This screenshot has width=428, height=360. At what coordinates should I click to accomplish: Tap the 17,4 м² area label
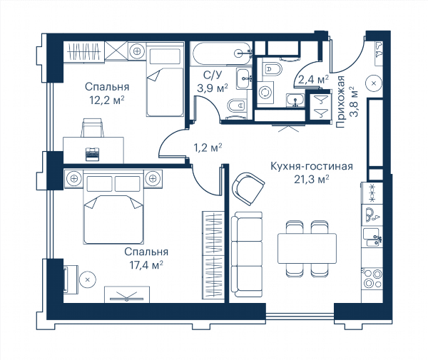tap(146, 264)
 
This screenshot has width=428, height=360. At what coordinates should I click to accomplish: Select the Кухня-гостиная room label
tap(312, 166)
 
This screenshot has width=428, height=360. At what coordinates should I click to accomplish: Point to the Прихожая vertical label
tap(340, 102)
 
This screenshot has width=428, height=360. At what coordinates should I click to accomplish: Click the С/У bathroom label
tap(213, 75)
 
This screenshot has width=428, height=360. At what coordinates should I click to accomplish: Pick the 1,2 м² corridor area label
tap(208, 148)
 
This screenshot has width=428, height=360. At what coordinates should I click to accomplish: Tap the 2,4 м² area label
tap(313, 79)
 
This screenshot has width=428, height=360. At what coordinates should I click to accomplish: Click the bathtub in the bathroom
tap(221, 53)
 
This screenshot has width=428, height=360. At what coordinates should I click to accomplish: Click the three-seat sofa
tap(247, 254)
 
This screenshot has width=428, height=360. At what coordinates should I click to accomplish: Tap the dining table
tap(307, 248)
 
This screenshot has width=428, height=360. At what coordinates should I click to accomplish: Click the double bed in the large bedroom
tap(113, 209)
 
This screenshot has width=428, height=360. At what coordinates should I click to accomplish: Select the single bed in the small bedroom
tap(165, 80)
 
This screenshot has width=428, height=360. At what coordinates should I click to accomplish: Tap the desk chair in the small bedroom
tap(93, 128)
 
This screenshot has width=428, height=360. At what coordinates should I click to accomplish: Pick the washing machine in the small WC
tap(265, 93)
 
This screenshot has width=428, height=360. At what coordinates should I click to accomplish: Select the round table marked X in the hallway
tap(374, 83)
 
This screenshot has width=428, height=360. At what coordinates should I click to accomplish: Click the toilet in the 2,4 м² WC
tap(272, 69)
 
